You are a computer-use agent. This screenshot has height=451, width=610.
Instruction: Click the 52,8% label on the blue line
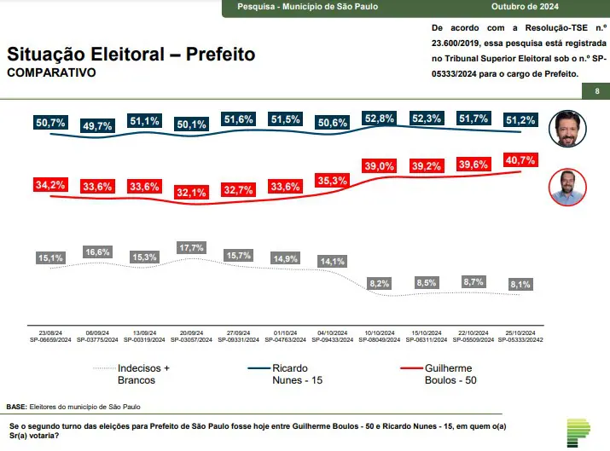click(380, 119)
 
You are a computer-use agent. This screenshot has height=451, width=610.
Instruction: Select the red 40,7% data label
click(520, 159)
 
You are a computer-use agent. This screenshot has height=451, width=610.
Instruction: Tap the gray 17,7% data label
click(191, 247)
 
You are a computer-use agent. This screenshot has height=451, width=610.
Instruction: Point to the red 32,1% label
click(191, 192)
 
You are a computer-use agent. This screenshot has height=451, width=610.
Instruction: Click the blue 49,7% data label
click(97, 125)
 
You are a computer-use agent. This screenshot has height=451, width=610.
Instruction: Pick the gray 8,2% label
click(380, 283)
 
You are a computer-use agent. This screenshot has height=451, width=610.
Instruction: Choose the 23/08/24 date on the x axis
click(50, 332)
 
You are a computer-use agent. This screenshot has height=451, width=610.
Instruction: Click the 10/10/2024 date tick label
click(380, 332)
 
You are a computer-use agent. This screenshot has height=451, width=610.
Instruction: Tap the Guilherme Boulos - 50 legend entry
click(439, 374)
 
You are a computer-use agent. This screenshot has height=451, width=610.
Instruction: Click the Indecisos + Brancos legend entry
click(131, 374)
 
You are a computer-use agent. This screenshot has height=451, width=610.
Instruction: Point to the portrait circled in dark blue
click(567, 128)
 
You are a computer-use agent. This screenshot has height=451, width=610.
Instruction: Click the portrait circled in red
click(567, 187)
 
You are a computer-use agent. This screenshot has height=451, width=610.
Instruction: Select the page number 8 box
click(596, 91)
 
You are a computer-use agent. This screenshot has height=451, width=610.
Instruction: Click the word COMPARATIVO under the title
click(51, 72)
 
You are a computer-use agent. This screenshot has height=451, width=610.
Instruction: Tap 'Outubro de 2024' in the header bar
click(525, 7)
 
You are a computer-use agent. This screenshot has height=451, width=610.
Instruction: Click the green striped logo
click(578, 433)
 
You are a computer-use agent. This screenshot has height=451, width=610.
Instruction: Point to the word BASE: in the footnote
click(17, 407)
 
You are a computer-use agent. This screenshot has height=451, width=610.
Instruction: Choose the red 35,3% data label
click(332, 181)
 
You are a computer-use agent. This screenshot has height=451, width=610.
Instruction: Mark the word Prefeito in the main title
click(221, 54)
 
